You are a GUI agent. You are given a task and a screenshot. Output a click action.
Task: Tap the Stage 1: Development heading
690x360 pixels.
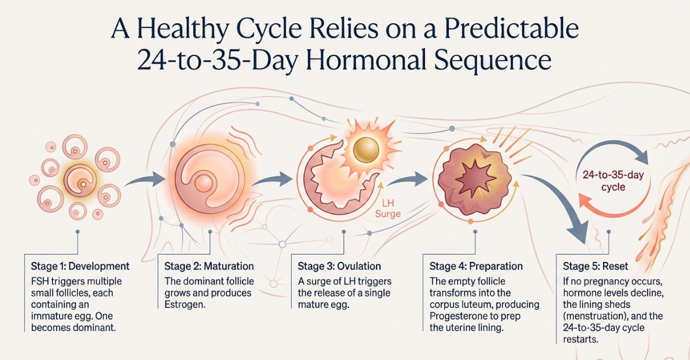80,267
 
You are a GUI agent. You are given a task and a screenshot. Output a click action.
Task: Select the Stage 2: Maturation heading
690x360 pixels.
209,267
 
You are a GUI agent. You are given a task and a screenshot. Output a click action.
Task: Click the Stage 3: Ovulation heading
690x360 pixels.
339,267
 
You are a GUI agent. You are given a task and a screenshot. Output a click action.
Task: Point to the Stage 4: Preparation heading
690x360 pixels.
476,267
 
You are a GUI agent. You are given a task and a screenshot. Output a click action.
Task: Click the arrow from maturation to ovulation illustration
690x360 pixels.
273,179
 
